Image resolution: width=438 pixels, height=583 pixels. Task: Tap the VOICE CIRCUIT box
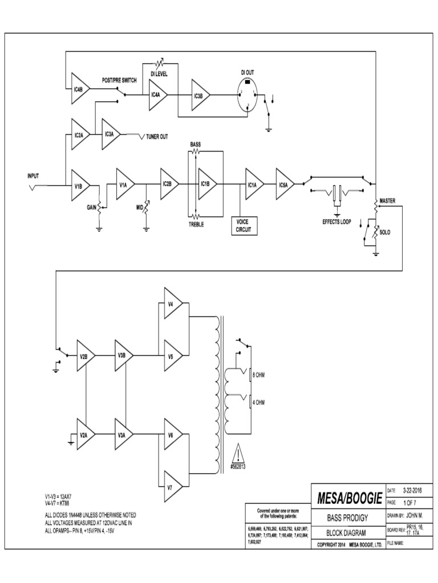[243, 226]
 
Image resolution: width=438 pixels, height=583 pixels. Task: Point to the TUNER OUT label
[157, 137]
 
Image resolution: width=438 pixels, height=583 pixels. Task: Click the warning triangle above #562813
[238, 454]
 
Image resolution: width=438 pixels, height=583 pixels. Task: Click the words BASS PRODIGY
[346, 519]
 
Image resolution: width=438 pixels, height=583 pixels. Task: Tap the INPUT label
[34, 175]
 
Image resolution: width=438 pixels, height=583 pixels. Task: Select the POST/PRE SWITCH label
[119, 80]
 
